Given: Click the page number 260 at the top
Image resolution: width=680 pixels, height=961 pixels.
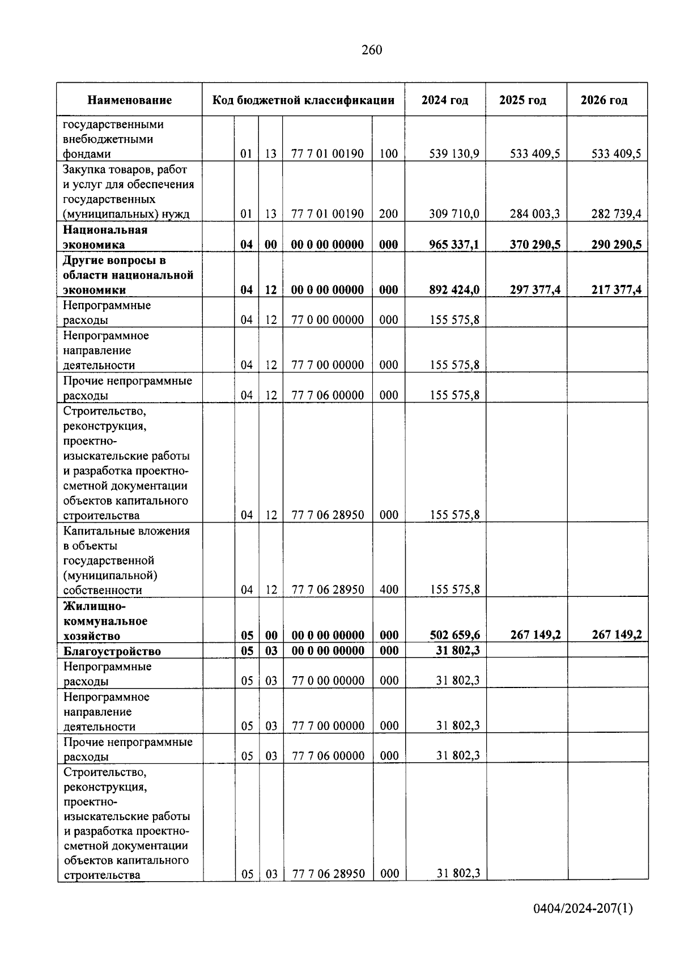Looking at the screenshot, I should pyautogui.click(x=372, y=50).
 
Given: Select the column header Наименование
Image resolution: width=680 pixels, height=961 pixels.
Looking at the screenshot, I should pyautogui.click(x=129, y=100).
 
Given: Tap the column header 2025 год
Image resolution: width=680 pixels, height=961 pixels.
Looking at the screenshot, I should pyautogui.click(x=522, y=100).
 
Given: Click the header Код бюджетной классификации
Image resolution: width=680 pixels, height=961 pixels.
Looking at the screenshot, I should pyautogui.click(x=303, y=100).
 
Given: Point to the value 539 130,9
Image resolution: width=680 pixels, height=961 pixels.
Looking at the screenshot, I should pyautogui.click(x=454, y=153).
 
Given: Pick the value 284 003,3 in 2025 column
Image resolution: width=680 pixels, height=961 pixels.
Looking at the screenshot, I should pyautogui.click(x=535, y=213).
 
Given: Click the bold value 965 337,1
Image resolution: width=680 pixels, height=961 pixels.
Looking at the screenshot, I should pyautogui.click(x=454, y=244).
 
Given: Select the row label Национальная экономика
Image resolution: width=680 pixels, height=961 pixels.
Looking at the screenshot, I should pyautogui.click(x=105, y=237).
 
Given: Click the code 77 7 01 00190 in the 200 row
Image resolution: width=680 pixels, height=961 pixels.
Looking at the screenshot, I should pyautogui.click(x=328, y=213).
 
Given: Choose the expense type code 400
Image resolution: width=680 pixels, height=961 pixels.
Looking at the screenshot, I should pyautogui.click(x=389, y=590).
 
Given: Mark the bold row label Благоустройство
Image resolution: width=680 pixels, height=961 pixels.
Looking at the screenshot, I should pyautogui.click(x=112, y=651).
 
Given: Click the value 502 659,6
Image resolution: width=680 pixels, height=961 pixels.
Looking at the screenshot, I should pyautogui.click(x=455, y=635).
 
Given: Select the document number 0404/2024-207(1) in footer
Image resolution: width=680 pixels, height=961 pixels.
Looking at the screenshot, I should pyautogui.click(x=583, y=909).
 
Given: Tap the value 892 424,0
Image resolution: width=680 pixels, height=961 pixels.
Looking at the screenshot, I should pyautogui.click(x=454, y=289).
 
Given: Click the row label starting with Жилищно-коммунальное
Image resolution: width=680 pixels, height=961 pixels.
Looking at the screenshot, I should pyautogui.click(x=105, y=621).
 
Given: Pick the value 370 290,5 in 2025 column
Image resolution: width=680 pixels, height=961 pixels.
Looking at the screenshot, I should pyautogui.click(x=535, y=244).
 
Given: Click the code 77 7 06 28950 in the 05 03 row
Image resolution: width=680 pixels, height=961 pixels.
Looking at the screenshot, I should pyautogui.click(x=328, y=874).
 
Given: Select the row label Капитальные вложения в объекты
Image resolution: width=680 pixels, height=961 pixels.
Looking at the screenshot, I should pyautogui.click(x=126, y=560).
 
